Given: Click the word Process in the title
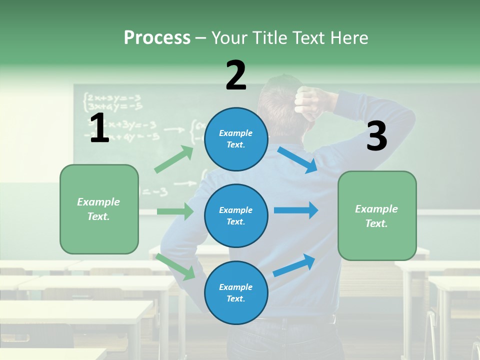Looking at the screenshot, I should (157, 38).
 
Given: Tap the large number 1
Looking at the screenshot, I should (99, 128).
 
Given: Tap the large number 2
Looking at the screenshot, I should (236, 75).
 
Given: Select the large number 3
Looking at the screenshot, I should (376, 136).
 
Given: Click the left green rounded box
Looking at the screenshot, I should (99, 209).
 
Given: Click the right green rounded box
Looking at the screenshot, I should (377, 215).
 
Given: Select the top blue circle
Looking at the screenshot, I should (236, 139).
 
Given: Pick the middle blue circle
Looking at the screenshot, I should (236, 215).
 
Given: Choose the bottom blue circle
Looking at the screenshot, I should (236, 292).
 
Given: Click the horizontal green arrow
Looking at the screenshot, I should (175, 211).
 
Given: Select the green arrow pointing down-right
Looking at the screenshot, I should (176, 266).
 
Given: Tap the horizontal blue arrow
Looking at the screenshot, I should (296, 210).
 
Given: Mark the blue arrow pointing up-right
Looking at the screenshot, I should (294, 265).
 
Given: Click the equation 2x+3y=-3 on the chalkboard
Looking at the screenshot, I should (112, 97).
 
